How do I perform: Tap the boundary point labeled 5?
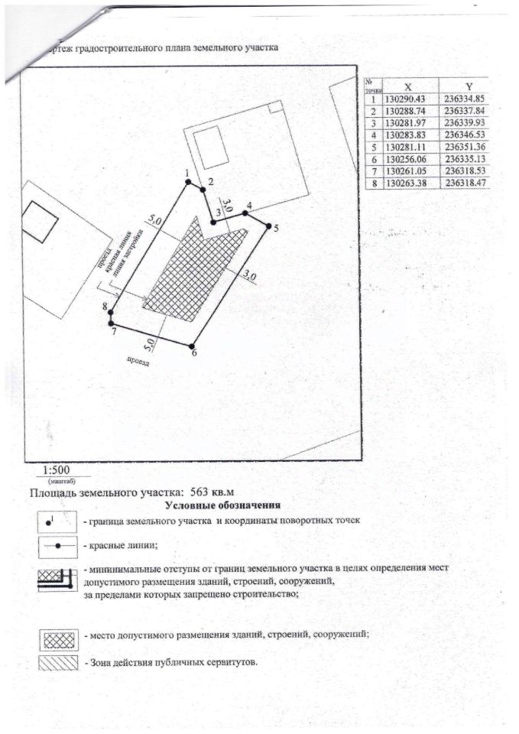coord(269,225)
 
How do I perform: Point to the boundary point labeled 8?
coord(112,312)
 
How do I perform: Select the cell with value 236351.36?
coord(469,147)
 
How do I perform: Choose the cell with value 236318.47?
coord(469,183)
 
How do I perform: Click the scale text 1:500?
coord(57,470)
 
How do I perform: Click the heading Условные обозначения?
coord(222,505)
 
